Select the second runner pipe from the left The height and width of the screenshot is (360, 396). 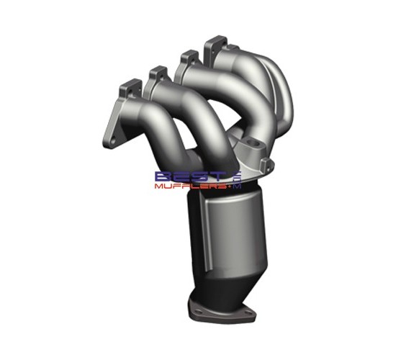coord(191,115)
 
